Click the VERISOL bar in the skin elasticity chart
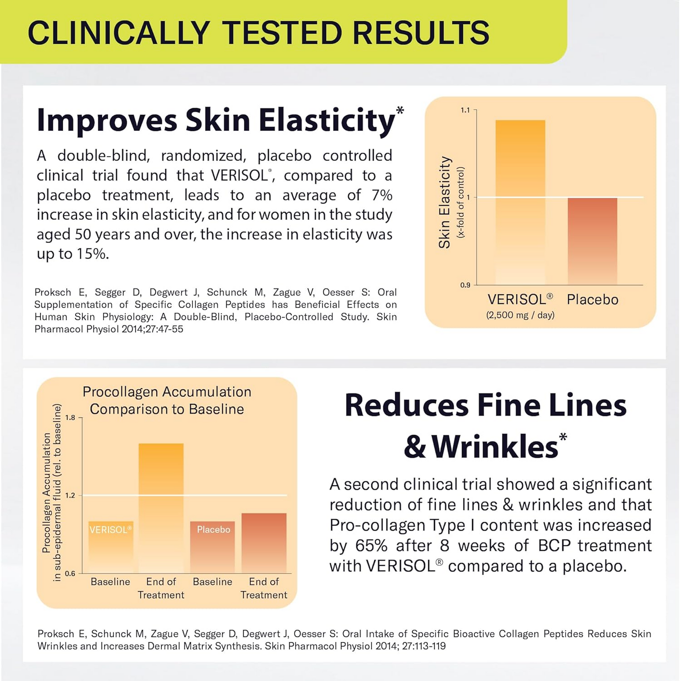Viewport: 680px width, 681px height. (520, 202)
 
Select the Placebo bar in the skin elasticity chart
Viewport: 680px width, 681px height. (592, 241)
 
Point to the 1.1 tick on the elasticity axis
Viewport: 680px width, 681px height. (465, 110)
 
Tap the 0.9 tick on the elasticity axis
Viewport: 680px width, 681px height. (465, 285)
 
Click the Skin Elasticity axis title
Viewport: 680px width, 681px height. (445, 202)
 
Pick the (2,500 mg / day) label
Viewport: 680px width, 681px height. (520, 315)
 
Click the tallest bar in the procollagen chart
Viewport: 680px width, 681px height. (161, 508)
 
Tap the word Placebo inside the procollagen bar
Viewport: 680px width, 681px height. (213, 530)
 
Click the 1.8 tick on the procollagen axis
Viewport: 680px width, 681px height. (70, 417)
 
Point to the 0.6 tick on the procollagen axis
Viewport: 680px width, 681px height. (70, 573)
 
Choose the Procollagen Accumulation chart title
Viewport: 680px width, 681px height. (167, 401)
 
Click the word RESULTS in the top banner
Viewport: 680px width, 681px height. (421, 33)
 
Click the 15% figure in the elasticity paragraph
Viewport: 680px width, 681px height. (92, 254)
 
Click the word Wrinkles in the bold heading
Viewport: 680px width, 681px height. (495, 446)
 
